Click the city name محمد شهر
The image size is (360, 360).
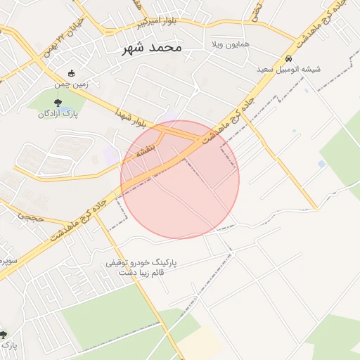[151, 48]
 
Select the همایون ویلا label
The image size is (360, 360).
[231, 44]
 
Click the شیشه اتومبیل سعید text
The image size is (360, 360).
[288, 70]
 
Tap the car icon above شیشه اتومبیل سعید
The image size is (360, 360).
[288, 58]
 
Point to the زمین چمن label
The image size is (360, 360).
[72, 84]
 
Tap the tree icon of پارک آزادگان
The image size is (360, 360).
[67, 102]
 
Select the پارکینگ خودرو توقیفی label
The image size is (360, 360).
[141, 262]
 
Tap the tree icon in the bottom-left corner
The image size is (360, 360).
[4, 335]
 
